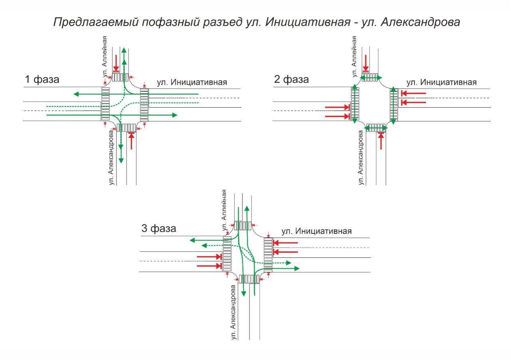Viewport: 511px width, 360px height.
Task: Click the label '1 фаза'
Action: (42, 79)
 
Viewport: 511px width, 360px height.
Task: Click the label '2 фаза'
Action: (291, 79)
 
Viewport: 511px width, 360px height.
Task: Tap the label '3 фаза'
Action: (158, 229)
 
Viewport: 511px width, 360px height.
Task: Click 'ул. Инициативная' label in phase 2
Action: (442, 83)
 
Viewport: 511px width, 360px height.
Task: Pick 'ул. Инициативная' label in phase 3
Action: (317, 231)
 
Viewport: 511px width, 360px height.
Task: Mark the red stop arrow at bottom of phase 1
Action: (131, 140)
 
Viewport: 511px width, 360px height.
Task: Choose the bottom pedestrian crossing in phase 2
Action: (376, 128)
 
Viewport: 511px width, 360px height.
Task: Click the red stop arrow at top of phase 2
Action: (366, 63)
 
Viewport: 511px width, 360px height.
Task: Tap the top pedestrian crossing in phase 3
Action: (243, 226)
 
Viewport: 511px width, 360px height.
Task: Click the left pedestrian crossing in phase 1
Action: (105, 105)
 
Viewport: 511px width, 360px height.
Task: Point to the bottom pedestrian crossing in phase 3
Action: (249, 279)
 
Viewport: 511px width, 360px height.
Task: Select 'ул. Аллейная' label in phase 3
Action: (224, 210)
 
